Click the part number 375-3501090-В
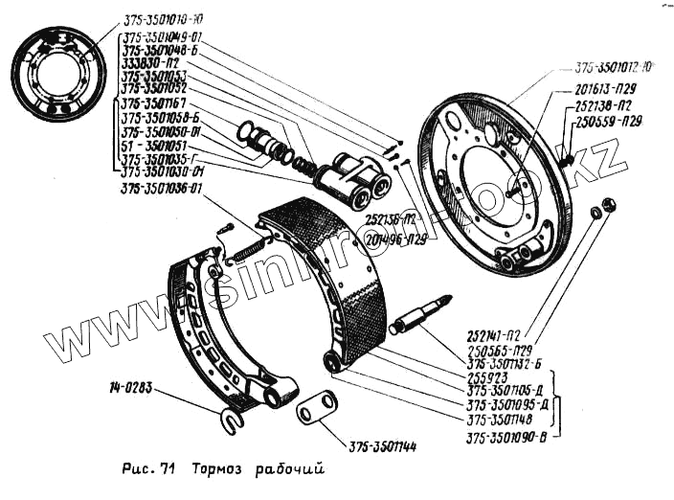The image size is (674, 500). pos(511,441)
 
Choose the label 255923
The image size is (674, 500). pos(487,377)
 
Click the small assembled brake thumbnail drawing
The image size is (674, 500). pos(58,75)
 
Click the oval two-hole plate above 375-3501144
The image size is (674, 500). pos(315,408)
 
